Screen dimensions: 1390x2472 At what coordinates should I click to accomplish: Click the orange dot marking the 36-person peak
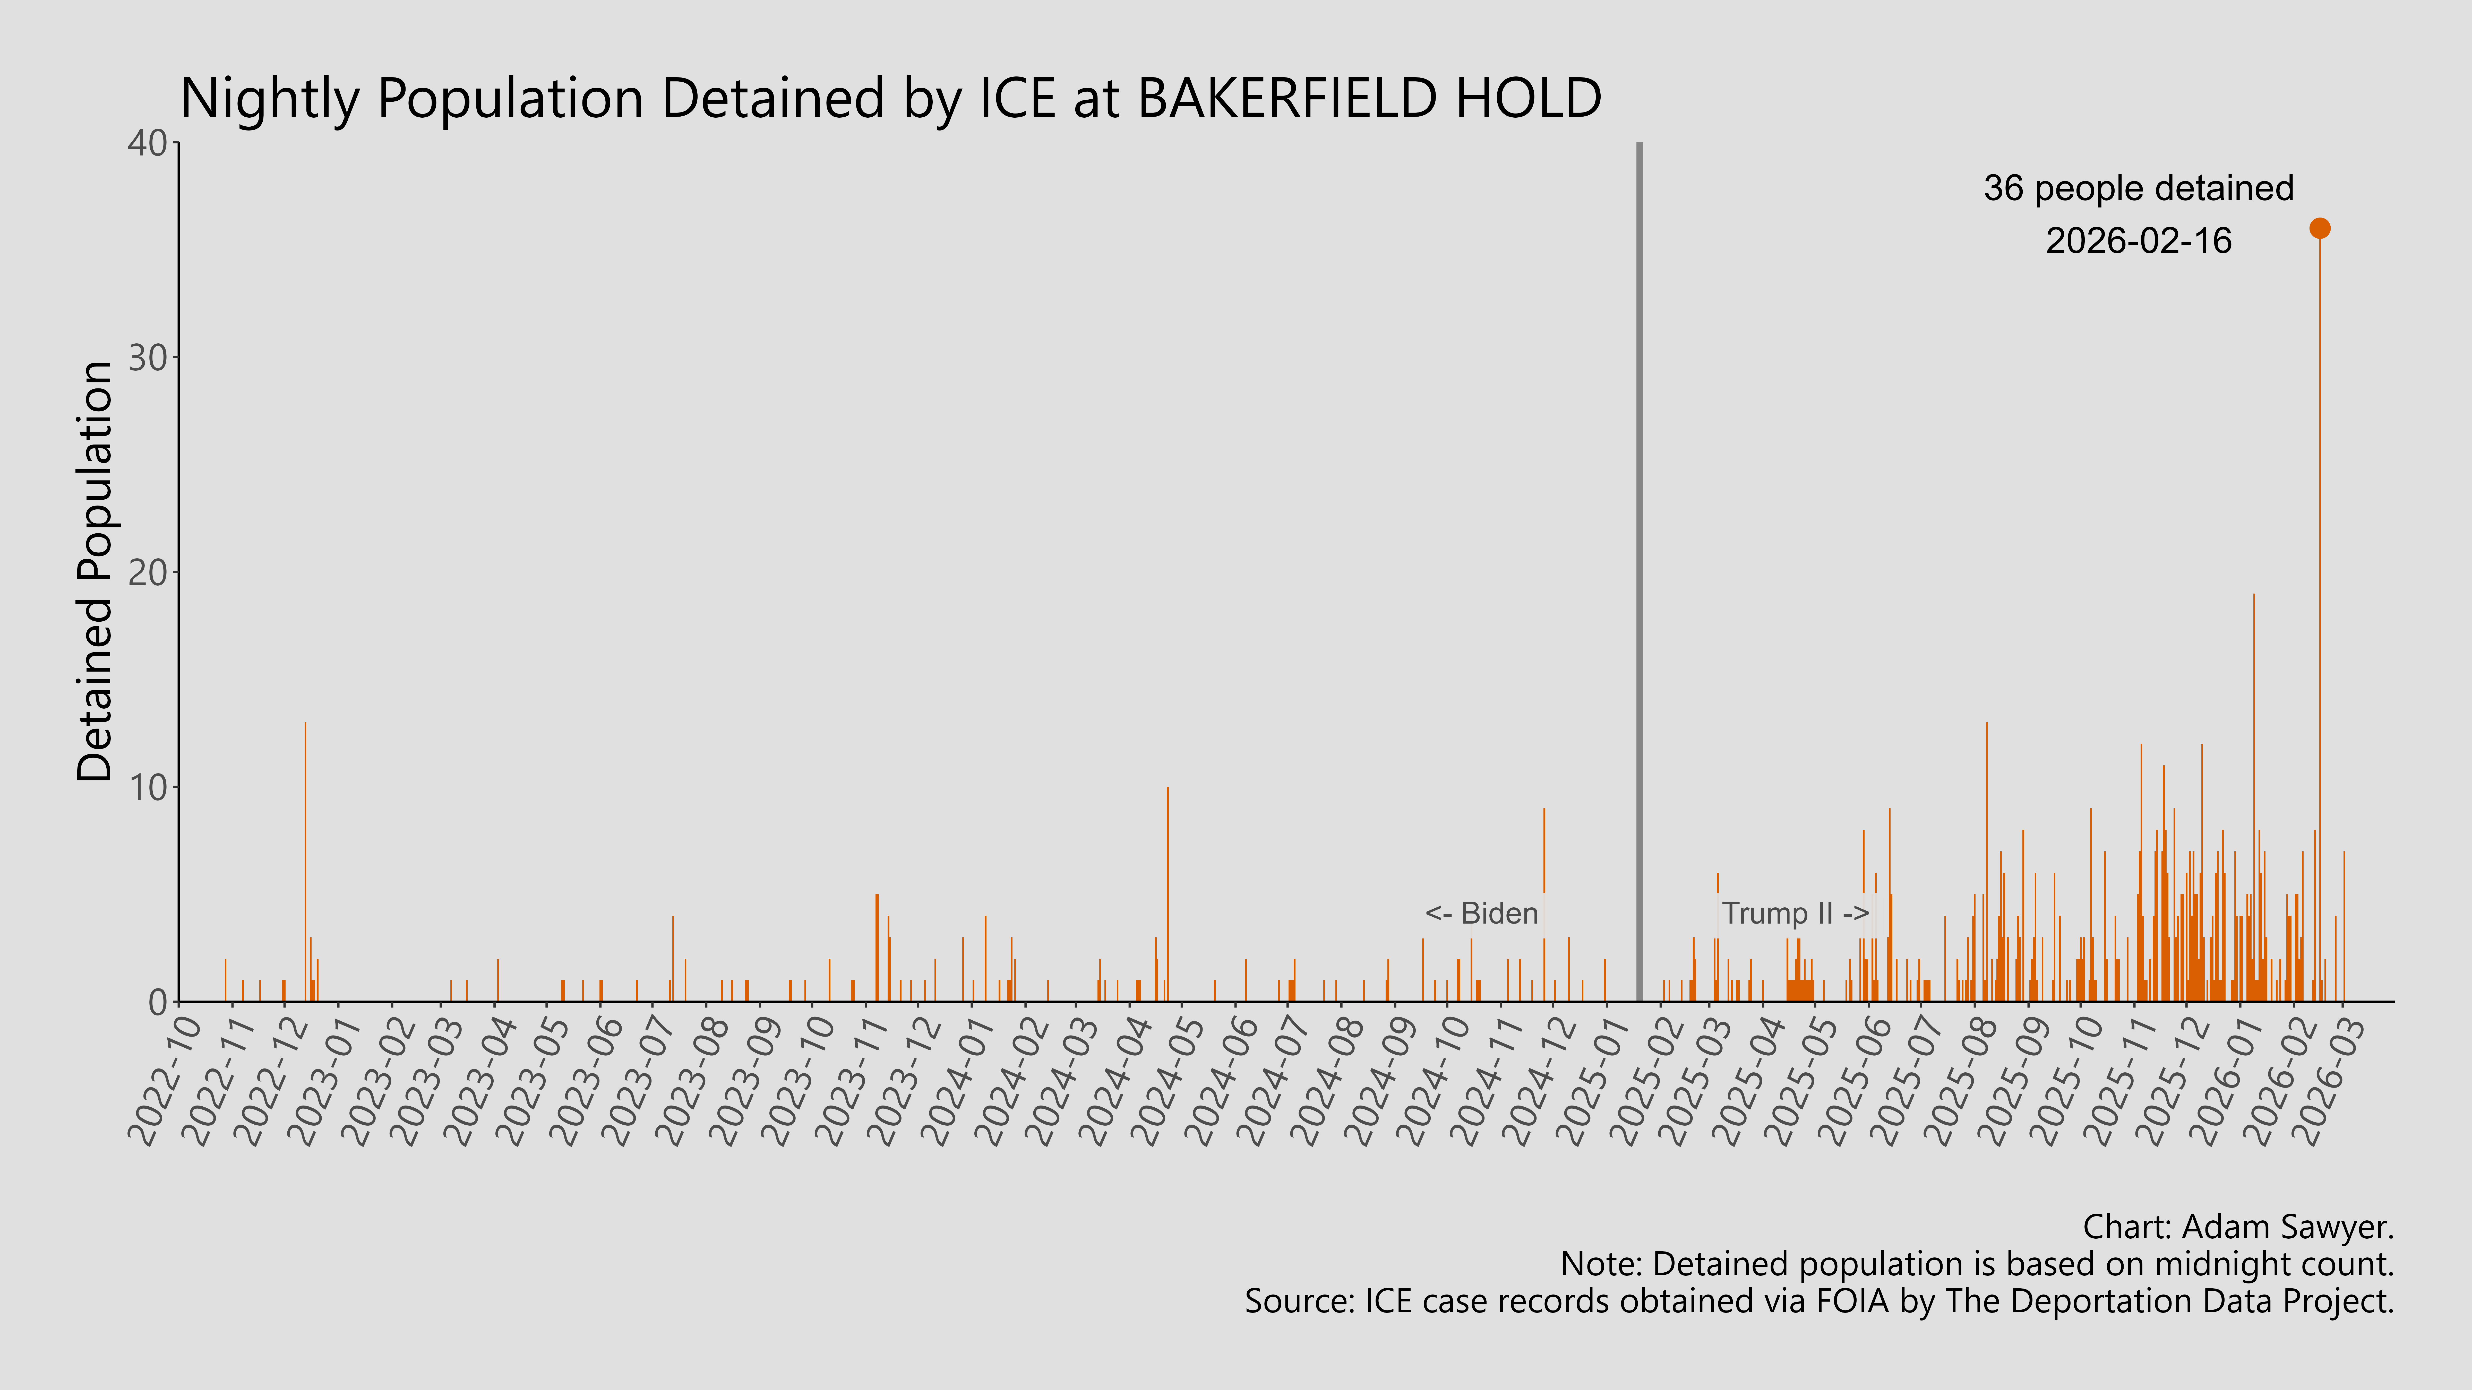(2319, 228)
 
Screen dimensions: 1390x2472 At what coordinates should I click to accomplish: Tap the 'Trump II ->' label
(1795, 913)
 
